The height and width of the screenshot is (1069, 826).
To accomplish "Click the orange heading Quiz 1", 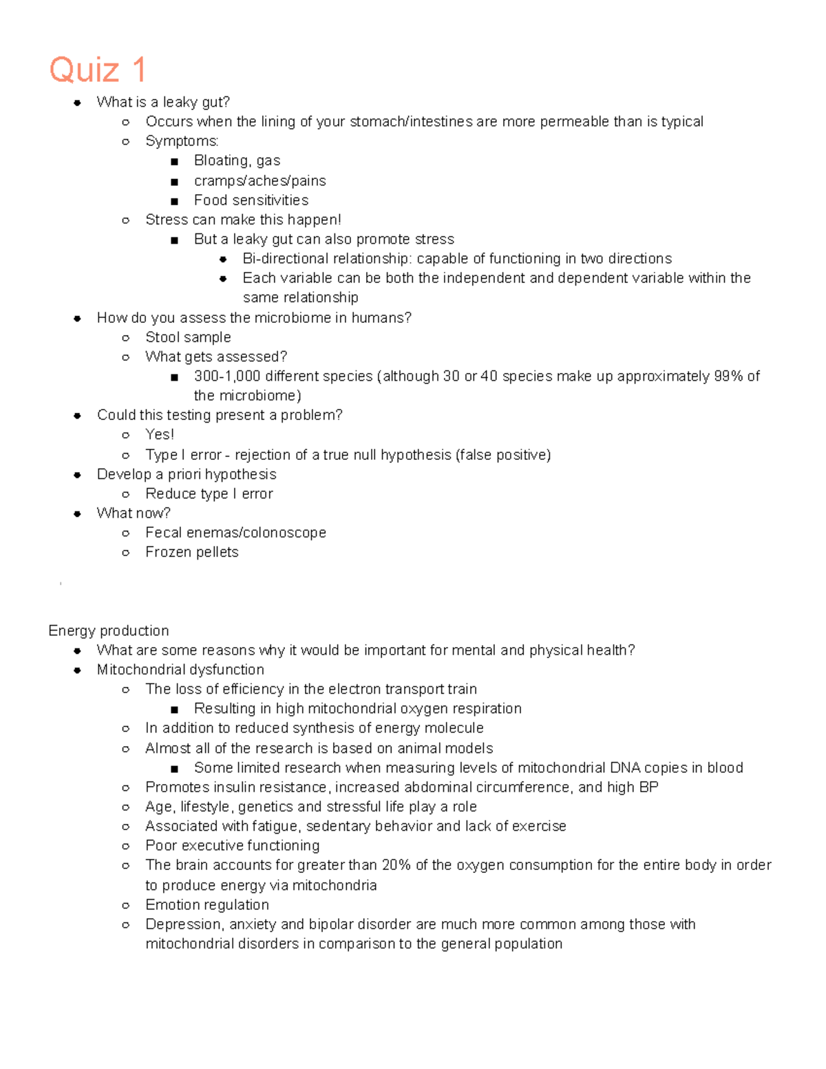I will [x=98, y=70].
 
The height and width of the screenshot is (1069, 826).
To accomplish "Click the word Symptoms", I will [x=181, y=141].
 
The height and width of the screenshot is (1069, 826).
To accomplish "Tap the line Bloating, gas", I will [x=237, y=160].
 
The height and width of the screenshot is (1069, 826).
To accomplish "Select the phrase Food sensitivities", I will [x=251, y=200].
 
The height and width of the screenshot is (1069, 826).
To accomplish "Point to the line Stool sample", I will [x=188, y=337].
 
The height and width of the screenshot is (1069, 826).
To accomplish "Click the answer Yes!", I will [x=160, y=434].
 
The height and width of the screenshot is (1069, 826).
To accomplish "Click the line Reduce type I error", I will [x=209, y=494].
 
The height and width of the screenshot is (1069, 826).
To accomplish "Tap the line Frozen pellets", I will [x=191, y=552].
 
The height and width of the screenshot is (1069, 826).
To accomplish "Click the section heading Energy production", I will [x=108, y=631].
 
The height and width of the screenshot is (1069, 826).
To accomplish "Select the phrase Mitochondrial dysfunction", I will [x=180, y=670].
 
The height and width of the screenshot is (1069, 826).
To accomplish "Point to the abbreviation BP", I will [x=648, y=787].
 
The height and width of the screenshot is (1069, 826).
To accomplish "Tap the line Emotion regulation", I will [x=206, y=905].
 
